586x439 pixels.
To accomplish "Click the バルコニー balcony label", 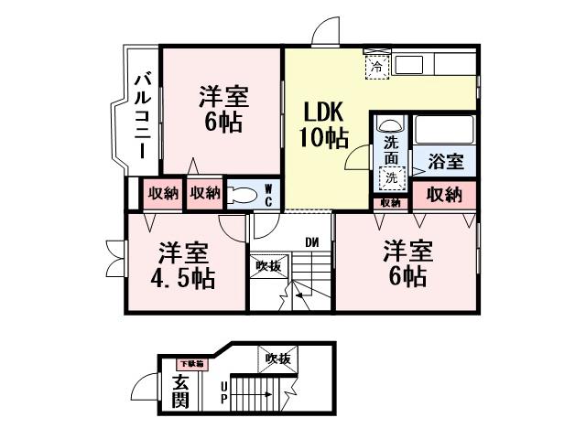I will coord(143,118).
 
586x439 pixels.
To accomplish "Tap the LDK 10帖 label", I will coord(324,125).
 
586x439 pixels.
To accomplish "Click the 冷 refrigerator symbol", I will coord(376,66).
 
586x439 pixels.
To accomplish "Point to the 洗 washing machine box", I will coord(391,177).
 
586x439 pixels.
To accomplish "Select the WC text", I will coord(268,194).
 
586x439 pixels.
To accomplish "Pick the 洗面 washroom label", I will coord(391,150).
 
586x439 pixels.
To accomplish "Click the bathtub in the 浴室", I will coord(443,129).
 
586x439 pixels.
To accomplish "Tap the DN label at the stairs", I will coord(311,242).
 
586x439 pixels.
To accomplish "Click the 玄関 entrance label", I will coord(179,391).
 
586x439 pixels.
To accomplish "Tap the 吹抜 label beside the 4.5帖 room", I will coord(267,266).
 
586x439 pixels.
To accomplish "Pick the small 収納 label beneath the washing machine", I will coord(390,202).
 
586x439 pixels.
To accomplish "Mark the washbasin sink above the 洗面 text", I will coord(390,126).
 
